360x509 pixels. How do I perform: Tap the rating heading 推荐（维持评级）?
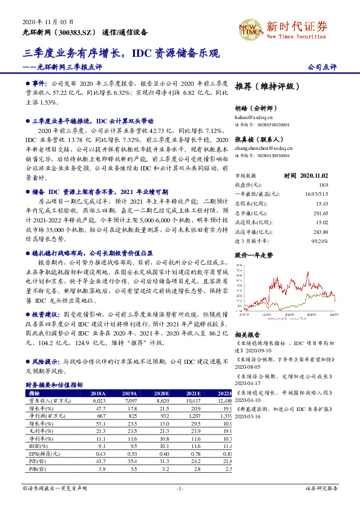[x=266, y=86]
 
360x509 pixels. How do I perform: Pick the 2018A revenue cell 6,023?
[x=97, y=400]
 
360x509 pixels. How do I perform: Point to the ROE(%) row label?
[x=39, y=446]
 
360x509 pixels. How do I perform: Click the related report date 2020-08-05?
[x=247, y=366]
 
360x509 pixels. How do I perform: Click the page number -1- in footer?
[x=180, y=488]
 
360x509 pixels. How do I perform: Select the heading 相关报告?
[x=247, y=334]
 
